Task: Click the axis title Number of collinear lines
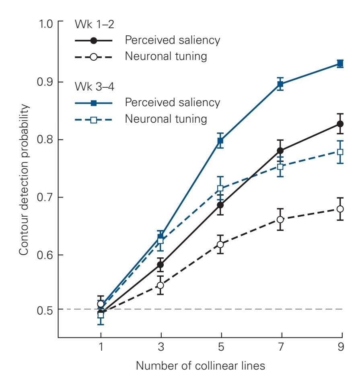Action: click(200, 366)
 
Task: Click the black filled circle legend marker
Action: click(94, 41)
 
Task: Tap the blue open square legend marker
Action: click(94, 119)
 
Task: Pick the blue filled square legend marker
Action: click(94, 103)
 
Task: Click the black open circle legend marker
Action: click(94, 57)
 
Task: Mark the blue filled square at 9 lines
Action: click(340, 64)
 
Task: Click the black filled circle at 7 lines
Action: click(280, 151)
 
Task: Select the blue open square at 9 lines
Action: click(340, 152)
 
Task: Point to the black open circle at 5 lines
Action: click(220, 245)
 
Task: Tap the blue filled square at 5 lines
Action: click(220, 141)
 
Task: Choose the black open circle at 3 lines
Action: click(160, 286)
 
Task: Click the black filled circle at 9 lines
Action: click(340, 124)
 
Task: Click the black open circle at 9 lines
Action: click(340, 209)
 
